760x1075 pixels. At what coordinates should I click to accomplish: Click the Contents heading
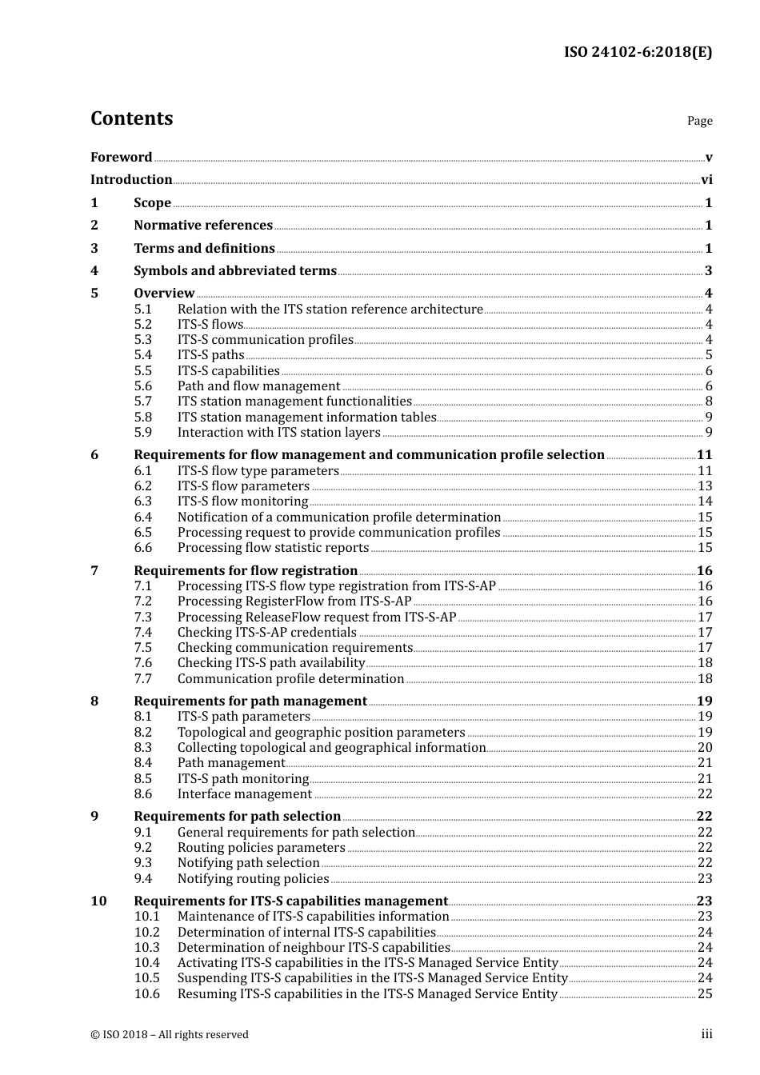coord(131,118)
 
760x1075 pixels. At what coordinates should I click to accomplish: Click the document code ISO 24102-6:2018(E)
coord(638,52)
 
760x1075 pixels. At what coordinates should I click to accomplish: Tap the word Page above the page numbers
coord(699,121)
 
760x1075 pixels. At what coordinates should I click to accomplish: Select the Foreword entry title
coord(121,158)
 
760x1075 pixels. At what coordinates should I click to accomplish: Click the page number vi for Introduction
coord(706,180)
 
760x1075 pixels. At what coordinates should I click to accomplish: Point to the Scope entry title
coord(152,203)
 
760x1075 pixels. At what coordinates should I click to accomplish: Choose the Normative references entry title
coord(203,226)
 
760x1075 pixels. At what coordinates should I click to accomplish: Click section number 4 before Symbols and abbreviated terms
coord(94,271)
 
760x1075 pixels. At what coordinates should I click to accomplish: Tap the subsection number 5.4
coord(142,355)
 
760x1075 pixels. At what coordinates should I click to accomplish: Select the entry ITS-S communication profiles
coord(265,340)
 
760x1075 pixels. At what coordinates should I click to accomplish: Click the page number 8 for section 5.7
coord(709,402)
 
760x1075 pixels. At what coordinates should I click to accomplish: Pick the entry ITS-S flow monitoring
coord(242,502)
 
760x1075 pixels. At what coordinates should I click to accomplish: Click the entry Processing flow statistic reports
coord(273,548)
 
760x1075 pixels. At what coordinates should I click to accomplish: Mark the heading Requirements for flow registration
coord(246,571)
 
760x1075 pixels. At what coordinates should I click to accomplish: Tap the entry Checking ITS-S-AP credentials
coord(266,633)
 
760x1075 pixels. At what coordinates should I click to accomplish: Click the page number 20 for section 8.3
coord(705,748)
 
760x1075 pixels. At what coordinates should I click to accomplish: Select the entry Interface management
coord(244,794)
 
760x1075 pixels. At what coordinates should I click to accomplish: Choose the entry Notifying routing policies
coord(253,879)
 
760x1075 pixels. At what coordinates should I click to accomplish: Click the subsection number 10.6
coord(146,994)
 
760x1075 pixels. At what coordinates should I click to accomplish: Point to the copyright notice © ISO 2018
coord(170,1035)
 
